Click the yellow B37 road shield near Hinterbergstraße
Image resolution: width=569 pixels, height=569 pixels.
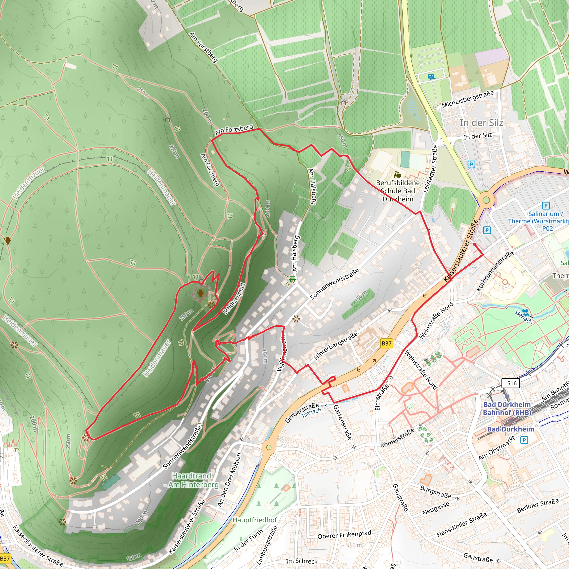(386, 343)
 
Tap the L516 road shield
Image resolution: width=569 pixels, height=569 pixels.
(510, 383)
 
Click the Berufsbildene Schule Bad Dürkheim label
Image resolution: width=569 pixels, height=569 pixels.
(398, 191)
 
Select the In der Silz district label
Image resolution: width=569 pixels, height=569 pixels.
(481, 123)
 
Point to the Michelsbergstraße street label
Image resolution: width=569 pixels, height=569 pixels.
(468, 99)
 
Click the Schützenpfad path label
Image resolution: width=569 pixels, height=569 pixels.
(234, 299)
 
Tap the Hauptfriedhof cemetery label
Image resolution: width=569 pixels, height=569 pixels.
(255, 520)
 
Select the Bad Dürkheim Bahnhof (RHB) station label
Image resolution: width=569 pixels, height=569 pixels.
(507, 408)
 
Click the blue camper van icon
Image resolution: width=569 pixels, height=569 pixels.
(431, 77)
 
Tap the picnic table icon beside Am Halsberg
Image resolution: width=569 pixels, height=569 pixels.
(292, 279)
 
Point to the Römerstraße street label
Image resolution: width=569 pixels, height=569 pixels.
(397, 438)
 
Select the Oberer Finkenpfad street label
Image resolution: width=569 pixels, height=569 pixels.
(344, 535)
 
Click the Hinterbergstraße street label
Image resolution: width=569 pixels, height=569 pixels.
(336, 346)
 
